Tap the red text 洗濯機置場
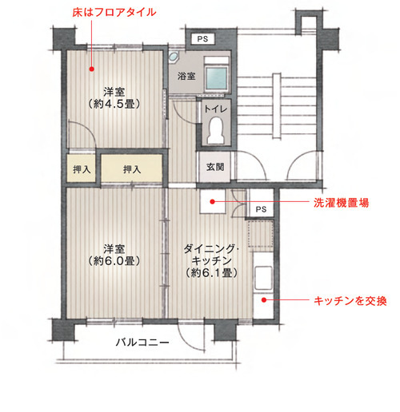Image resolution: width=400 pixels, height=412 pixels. (x=340, y=204)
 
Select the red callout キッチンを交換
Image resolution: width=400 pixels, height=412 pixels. (x=350, y=301)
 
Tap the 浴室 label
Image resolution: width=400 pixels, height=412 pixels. (x=186, y=77)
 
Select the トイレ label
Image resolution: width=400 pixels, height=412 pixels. (x=214, y=109)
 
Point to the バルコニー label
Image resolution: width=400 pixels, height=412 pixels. (x=142, y=343)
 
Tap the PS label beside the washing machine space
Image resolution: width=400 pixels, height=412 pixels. (x=260, y=209)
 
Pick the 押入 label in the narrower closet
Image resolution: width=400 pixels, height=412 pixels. (x=81, y=169)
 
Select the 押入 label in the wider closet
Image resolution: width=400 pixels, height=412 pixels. (x=132, y=169)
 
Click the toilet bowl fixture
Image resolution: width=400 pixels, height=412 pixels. (x=214, y=131)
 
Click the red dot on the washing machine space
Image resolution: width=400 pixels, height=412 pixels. (x=212, y=203)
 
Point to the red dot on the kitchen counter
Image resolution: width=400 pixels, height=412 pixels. (x=264, y=301)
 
